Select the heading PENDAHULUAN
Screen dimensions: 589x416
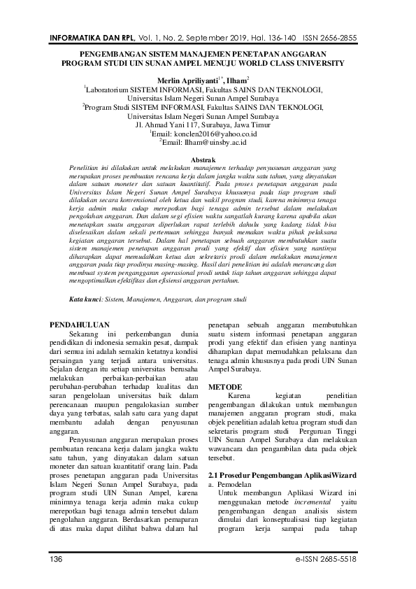[x=82, y=325]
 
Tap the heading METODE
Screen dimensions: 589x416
[x=227, y=386]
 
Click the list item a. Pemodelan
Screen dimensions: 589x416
[x=234, y=484]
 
